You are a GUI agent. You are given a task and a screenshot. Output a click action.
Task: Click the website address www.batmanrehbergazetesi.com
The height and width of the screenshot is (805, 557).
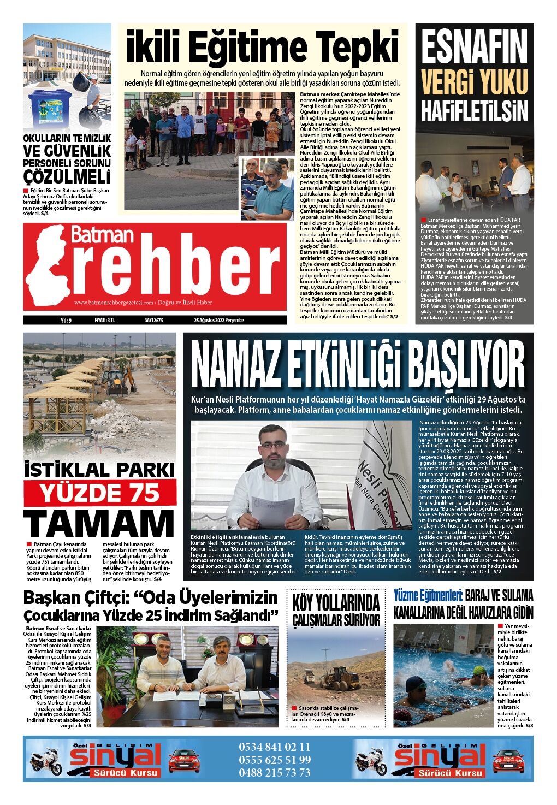[114, 302]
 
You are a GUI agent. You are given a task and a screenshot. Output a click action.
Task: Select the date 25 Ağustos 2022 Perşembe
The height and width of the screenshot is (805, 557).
[218, 321]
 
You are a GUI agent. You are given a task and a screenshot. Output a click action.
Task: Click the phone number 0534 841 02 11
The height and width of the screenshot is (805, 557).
[274, 747]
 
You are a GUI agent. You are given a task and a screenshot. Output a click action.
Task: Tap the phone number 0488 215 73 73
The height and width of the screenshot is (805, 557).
[274, 772]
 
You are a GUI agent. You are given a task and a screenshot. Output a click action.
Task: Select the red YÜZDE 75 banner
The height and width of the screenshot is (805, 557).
[100, 493]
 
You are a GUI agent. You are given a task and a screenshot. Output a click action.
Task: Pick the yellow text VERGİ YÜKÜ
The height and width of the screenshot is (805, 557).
[474, 82]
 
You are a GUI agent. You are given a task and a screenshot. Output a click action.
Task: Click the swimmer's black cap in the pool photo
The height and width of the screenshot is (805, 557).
[414, 683]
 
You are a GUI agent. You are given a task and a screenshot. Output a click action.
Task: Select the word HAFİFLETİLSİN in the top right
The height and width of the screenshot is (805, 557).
[474, 111]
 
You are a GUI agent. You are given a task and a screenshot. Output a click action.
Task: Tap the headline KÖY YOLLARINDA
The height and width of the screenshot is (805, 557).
[336, 603]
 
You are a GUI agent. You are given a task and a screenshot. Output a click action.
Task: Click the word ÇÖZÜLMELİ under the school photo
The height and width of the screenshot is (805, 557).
[67, 177]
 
